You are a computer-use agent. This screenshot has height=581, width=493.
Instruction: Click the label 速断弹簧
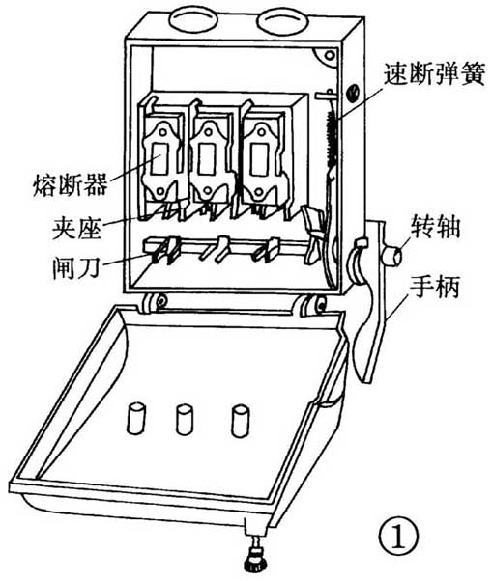tap(434, 74)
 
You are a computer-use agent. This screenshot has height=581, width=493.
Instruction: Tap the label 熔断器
tap(71, 184)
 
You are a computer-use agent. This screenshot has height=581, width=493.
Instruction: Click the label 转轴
tap(435, 227)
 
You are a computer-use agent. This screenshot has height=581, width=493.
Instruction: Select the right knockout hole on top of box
tap(282, 21)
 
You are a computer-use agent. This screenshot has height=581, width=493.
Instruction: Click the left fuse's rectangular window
tap(160, 158)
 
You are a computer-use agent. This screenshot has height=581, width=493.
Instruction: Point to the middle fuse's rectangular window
tap(207, 158)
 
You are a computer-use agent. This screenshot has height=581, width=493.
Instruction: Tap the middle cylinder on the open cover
tap(184, 420)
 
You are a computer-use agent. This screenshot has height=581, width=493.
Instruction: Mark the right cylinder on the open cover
tap(240, 421)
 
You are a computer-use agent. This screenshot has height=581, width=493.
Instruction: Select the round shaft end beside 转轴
tap(392, 256)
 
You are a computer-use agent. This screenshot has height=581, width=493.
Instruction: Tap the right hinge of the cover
tap(313, 306)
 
